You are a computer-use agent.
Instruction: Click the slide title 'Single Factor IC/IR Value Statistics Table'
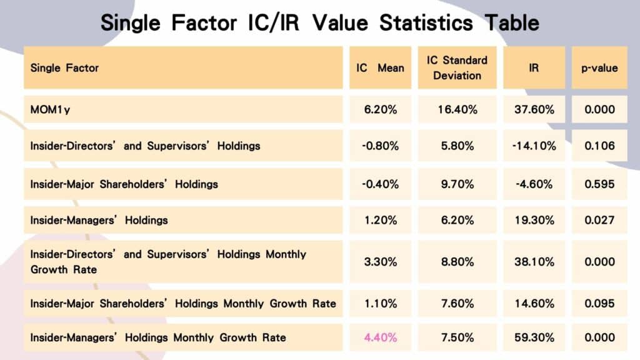[319, 22]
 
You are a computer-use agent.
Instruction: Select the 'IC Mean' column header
[380, 67]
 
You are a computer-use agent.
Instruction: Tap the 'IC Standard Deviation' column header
[457, 67]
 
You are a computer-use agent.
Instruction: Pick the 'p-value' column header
[599, 67]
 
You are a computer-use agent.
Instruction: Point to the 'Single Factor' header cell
[65, 67]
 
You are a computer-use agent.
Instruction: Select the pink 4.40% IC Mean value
[380, 337]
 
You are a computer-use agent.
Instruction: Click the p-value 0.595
[599, 184]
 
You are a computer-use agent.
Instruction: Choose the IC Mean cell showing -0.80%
[380, 146]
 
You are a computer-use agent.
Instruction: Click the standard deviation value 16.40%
[457, 109]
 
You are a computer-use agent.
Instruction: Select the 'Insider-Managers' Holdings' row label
[99, 220]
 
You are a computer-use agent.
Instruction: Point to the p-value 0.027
[599, 220]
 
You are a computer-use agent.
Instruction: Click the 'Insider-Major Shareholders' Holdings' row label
[124, 184]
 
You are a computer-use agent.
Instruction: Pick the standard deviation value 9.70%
[457, 184]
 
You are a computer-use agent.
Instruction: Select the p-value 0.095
[599, 304]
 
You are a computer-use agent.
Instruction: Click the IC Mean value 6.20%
[380, 109]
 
